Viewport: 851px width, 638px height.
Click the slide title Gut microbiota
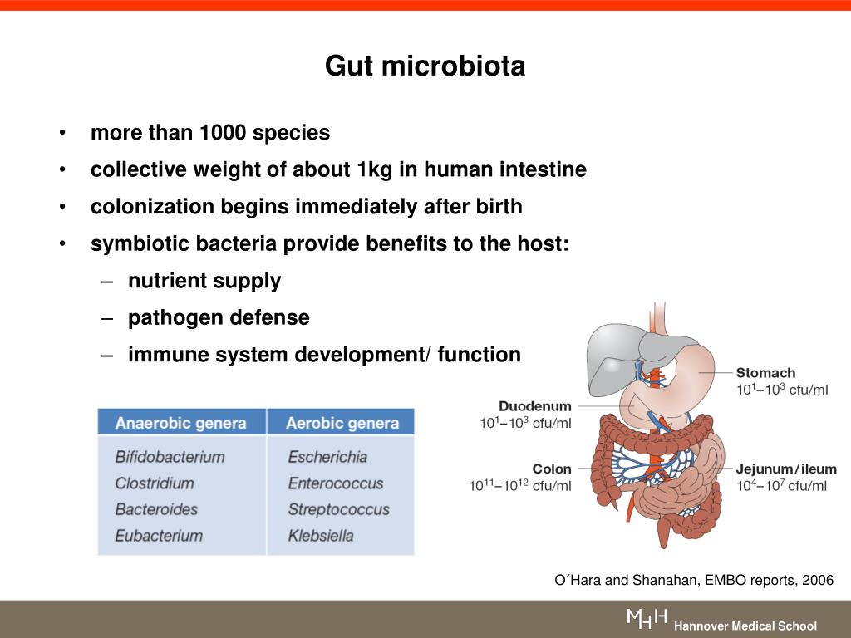click(425, 66)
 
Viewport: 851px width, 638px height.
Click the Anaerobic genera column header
click(180, 423)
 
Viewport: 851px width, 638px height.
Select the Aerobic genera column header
click(342, 423)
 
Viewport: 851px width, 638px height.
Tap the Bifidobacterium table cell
click(170, 457)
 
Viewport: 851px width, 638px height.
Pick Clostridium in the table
click(155, 483)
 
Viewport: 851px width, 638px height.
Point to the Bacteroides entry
click(156, 509)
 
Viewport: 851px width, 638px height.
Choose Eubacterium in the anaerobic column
click(159, 536)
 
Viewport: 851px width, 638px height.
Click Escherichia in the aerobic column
click(327, 457)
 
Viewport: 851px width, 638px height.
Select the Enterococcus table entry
click(336, 483)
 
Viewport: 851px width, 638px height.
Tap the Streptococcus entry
click(338, 509)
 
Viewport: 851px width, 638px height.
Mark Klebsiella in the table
click(321, 536)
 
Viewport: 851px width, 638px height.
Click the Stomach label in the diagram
click(765, 373)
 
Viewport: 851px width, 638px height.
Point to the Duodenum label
click(535, 406)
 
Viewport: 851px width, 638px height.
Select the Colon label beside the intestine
click(552, 469)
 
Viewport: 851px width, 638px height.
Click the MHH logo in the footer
click(647, 618)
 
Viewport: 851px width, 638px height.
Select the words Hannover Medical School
click(745, 626)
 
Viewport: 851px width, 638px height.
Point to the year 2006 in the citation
click(818, 581)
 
